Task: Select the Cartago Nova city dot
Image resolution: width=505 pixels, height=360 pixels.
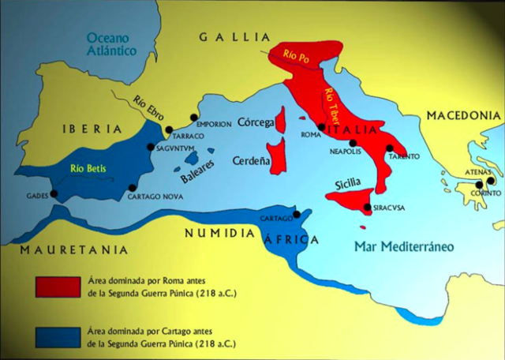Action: coord(132,188)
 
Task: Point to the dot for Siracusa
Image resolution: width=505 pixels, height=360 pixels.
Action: coord(367,208)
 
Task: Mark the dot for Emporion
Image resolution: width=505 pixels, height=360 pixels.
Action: coord(193,118)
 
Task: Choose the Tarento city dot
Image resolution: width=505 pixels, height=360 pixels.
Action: coord(389,148)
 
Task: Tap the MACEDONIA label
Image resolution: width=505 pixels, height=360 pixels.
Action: coord(464,116)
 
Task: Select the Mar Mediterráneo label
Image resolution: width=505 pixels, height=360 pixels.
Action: coord(404,246)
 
